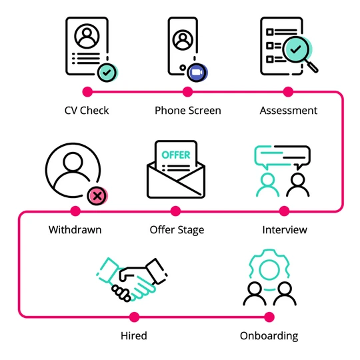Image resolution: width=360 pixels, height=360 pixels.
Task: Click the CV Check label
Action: (86, 111)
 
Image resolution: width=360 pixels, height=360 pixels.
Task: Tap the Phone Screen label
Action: (187, 111)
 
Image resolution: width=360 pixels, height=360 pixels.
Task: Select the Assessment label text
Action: (288, 111)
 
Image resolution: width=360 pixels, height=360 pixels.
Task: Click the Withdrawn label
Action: (75, 230)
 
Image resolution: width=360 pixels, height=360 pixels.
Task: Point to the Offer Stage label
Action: (177, 230)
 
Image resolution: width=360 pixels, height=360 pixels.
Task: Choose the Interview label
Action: (285, 230)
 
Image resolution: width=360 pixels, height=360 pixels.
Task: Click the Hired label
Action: (135, 335)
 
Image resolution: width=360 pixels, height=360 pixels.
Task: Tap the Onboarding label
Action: (269, 335)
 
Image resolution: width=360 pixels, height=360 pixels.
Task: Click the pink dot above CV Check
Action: (86, 91)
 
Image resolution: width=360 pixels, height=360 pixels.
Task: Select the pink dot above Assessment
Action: (288, 91)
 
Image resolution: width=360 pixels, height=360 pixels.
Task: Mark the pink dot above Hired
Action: (135, 316)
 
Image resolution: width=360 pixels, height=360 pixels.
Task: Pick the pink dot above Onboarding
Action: (269, 316)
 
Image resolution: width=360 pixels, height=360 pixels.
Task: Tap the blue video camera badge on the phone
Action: (197, 72)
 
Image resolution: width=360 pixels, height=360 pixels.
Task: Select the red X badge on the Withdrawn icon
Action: (97, 196)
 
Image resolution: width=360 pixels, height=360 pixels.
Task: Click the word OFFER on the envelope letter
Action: (176, 155)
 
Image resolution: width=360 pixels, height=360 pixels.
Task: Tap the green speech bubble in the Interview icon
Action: (275, 155)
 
